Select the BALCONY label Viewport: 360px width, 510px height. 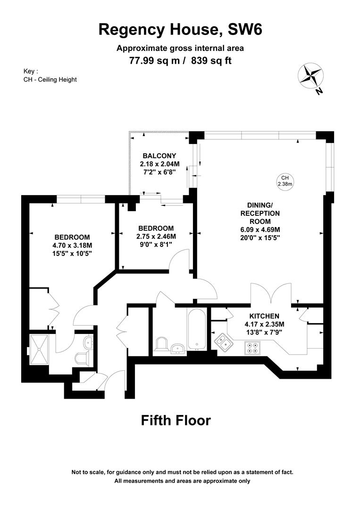[159, 156]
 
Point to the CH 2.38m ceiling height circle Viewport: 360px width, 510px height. [285, 180]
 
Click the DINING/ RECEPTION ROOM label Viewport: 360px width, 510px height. [260, 213]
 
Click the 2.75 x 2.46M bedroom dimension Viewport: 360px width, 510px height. [156, 237]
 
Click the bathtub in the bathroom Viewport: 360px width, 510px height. [196, 330]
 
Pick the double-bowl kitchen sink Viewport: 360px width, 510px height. [224, 342]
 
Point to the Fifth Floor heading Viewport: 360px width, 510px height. [176, 420]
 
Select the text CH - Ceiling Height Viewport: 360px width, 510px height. [50, 79]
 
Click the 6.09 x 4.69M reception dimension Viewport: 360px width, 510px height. [260, 230]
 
